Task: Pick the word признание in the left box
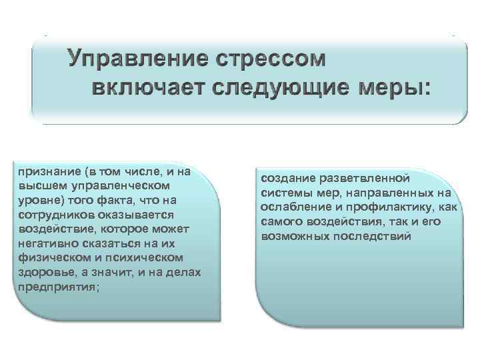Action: point(45,171)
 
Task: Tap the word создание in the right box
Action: point(285,179)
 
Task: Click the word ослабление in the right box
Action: point(292,207)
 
